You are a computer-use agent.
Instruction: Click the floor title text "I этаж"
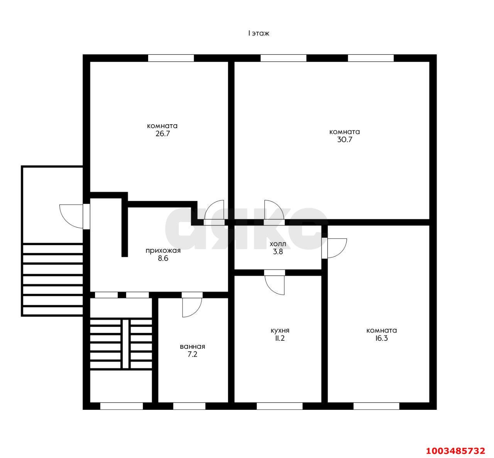[258, 34]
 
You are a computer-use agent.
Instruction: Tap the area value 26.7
[162, 134]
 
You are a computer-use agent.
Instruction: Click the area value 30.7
[344, 140]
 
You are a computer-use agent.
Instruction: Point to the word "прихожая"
[163, 251]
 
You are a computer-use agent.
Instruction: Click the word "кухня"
[280, 331]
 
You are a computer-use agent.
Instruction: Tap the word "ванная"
[192, 346]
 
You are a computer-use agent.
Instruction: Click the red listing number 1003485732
[455, 451]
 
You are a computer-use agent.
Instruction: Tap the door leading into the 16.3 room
[336, 248]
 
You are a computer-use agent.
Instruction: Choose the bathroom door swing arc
[192, 307]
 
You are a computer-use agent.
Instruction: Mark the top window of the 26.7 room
[171, 58]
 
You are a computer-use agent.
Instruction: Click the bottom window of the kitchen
[279, 406]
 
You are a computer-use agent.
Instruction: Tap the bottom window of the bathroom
[189, 406]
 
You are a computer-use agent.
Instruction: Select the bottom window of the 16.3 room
[376, 406]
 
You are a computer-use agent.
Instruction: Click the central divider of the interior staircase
[125, 343]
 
